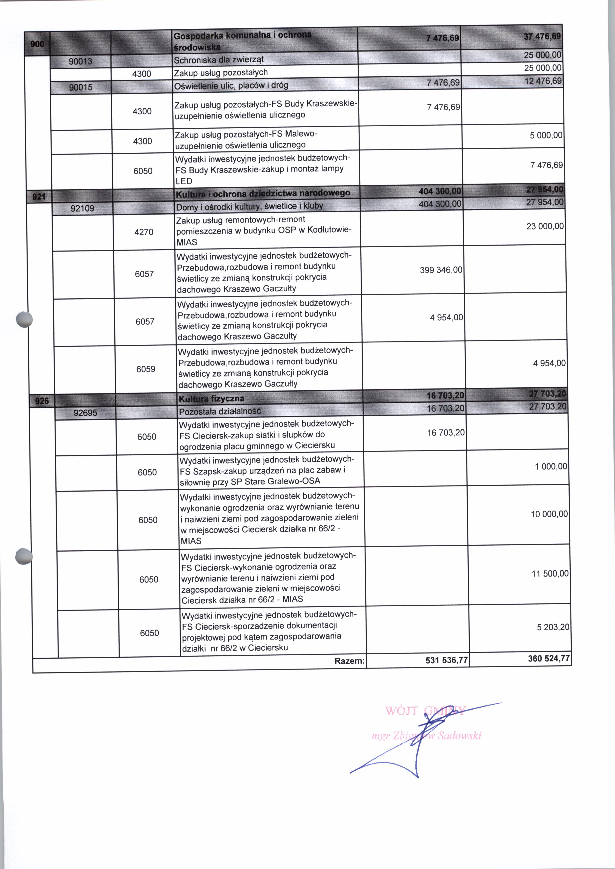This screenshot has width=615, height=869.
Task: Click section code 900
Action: tap(37, 44)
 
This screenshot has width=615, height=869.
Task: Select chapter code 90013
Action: tap(80, 61)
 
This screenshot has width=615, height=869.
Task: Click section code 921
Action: tap(39, 197)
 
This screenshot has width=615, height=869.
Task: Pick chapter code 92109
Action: tap(83, 208)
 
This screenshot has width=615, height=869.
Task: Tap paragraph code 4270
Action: tap(144, 232)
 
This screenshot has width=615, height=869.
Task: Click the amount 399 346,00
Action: tap(441, 270)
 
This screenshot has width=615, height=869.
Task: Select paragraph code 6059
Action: tap(146, 369)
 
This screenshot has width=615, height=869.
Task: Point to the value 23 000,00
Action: tap(545, 226)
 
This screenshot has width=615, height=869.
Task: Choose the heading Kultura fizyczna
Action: tap(211, 398)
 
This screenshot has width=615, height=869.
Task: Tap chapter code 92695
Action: tap(85, 413)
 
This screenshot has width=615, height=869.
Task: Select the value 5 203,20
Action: tap(553, 627)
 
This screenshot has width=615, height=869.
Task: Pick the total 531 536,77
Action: tap(446, 660)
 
